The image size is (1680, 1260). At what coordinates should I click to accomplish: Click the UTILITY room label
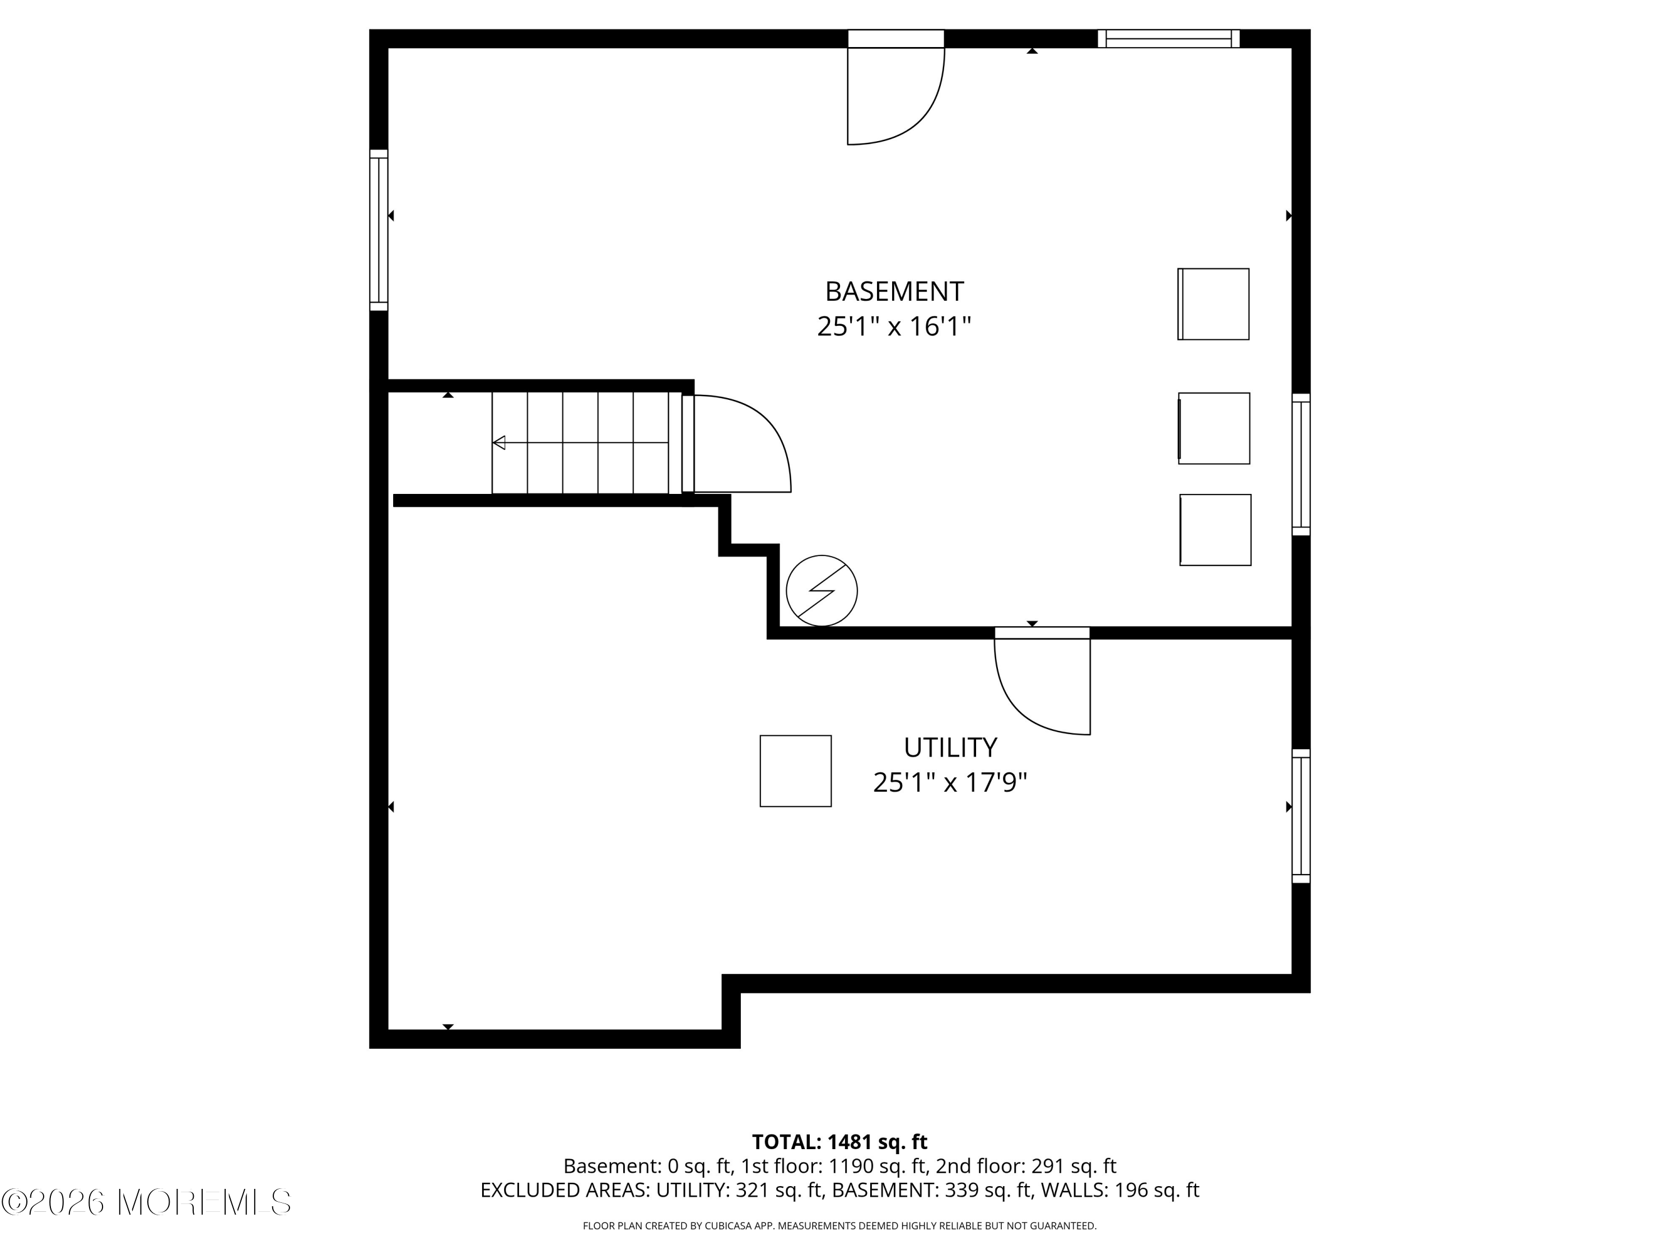tap(950, 748)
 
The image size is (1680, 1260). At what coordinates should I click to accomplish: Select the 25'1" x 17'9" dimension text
tap(950, 782)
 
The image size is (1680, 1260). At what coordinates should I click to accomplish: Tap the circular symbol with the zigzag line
tap(822, 591)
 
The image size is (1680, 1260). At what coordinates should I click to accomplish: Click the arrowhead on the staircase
tap(499, 442)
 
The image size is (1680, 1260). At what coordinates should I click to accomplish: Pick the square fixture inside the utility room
tap(796, 771)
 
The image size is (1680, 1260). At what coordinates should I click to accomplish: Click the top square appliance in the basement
tap(1214, 304)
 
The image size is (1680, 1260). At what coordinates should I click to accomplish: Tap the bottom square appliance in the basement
tap(1215, 530)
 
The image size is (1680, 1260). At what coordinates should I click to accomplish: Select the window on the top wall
tap(1169, 39)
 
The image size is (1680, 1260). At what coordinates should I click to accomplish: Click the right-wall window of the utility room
tap(1301, 816)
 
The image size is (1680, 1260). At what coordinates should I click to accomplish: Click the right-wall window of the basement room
tap(1301, 465)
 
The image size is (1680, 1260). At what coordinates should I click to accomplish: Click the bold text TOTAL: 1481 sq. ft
tap(839, 1142)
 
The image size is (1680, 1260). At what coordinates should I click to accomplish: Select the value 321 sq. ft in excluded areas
tap(780, 1190)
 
